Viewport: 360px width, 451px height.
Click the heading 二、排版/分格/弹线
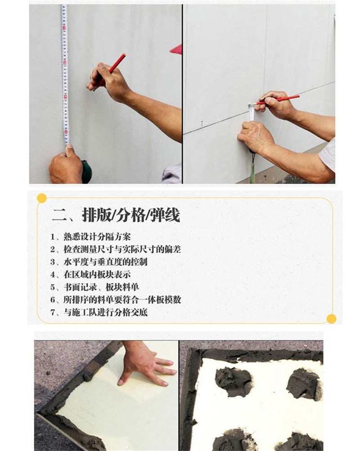tap(116, 215)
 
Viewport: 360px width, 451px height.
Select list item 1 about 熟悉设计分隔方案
tap(90, 237)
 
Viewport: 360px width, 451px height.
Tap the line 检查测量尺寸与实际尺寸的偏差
tap(116, 249)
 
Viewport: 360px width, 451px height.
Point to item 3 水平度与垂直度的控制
tap(99, 262)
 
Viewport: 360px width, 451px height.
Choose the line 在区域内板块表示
tap(90, 275)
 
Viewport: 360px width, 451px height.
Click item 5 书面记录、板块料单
tap(94, 287)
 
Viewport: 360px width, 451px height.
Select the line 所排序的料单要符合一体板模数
tap(116, 300)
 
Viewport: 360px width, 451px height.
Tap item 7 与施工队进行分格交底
tap(99, 312)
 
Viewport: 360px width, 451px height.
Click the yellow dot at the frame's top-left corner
tap(42, 198)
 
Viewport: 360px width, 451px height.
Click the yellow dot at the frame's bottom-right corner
tap(332, 319)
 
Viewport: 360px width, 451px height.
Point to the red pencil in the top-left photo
tap(109, 72)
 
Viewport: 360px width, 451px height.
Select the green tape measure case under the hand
tap(86, 172)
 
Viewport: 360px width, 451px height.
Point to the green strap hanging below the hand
tap(252, 168)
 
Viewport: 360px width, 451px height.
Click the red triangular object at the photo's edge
tap(176, 49)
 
